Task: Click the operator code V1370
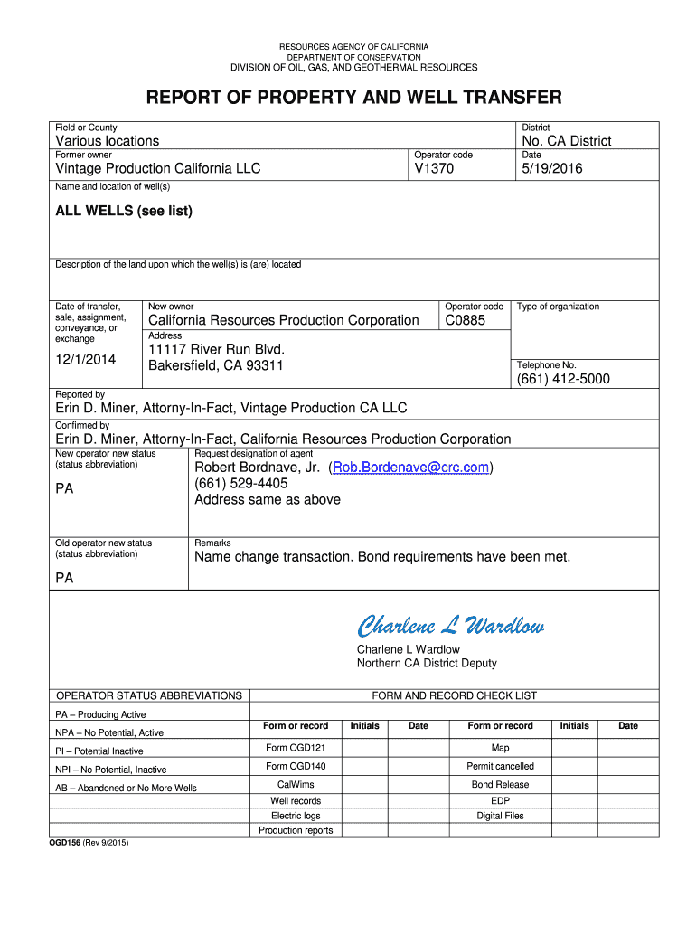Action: click(434, 169)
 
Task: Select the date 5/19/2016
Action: click(552, 169)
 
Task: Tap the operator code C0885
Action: click(466, 320)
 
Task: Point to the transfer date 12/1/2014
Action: click(86, 360)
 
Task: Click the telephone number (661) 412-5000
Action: click(563, 379)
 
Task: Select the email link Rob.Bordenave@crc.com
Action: click(410, 468)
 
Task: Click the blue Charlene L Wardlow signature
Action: click(450, 626)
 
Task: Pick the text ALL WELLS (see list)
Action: click(124, 211)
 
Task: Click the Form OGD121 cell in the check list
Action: click(296, 748)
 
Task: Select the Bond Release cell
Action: click(500, 784)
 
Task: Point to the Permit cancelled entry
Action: click(500, 766)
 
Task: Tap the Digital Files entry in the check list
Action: click(500, 816)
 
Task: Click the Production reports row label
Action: click(296, 830)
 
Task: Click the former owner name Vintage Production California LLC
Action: click(158, 169)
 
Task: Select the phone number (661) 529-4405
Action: click(241, 484)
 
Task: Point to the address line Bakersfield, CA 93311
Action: click(216, 366)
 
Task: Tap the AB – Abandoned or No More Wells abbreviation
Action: click(126, 788)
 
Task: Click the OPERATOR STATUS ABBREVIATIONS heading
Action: click(149, 695)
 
